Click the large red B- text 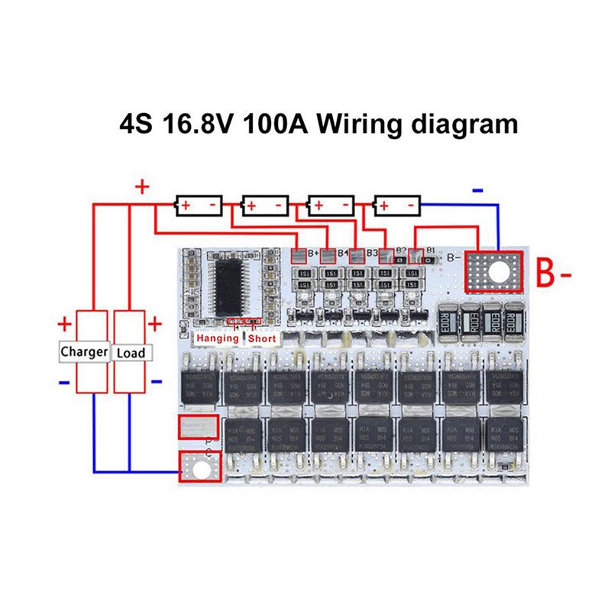click(555, 272)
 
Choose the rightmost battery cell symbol click(398, 205)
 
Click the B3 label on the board click(373, 252)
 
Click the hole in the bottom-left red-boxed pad click(199, 467)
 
